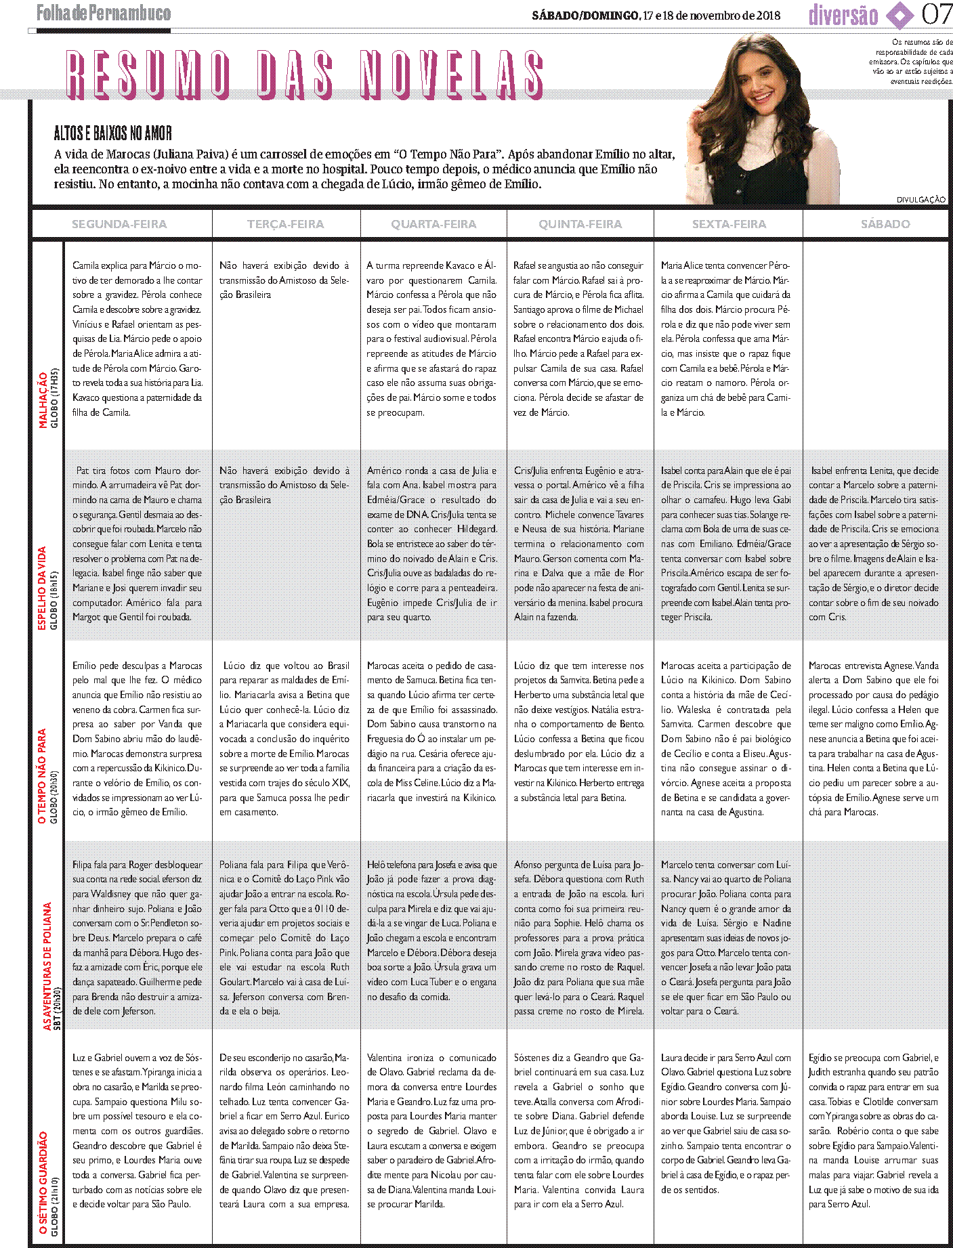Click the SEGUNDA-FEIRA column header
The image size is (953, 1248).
click(x=119, y=224)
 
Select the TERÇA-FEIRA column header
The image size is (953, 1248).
click(x=285, y=224)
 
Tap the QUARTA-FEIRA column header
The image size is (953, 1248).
click(x=433, y=224)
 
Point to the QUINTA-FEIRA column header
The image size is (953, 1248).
click(x=580, y=224)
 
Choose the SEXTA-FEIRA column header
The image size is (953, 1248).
click(x=729, y=224)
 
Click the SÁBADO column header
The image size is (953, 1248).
click(x=885, y=224)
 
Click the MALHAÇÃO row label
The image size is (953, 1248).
click(x=43, y=400)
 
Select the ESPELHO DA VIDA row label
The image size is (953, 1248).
click(x=41, y=588)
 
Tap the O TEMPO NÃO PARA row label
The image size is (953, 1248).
click(x=42, y=776)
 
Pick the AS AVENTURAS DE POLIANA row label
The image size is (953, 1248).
click(x=47, y=966)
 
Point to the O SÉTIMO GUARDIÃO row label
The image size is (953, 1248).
click(x=43, y=1182)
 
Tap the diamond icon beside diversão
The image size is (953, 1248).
click(x=899, y=16)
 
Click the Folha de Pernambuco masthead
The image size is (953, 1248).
click(x=104, y=13)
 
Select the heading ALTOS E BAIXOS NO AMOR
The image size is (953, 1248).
click(x=113, y=133)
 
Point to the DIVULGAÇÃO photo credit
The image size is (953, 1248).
click(x=920, y=200)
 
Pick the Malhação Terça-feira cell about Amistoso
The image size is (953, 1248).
click(x=284, y=280)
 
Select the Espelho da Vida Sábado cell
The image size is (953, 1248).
click(x=873, y=543)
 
